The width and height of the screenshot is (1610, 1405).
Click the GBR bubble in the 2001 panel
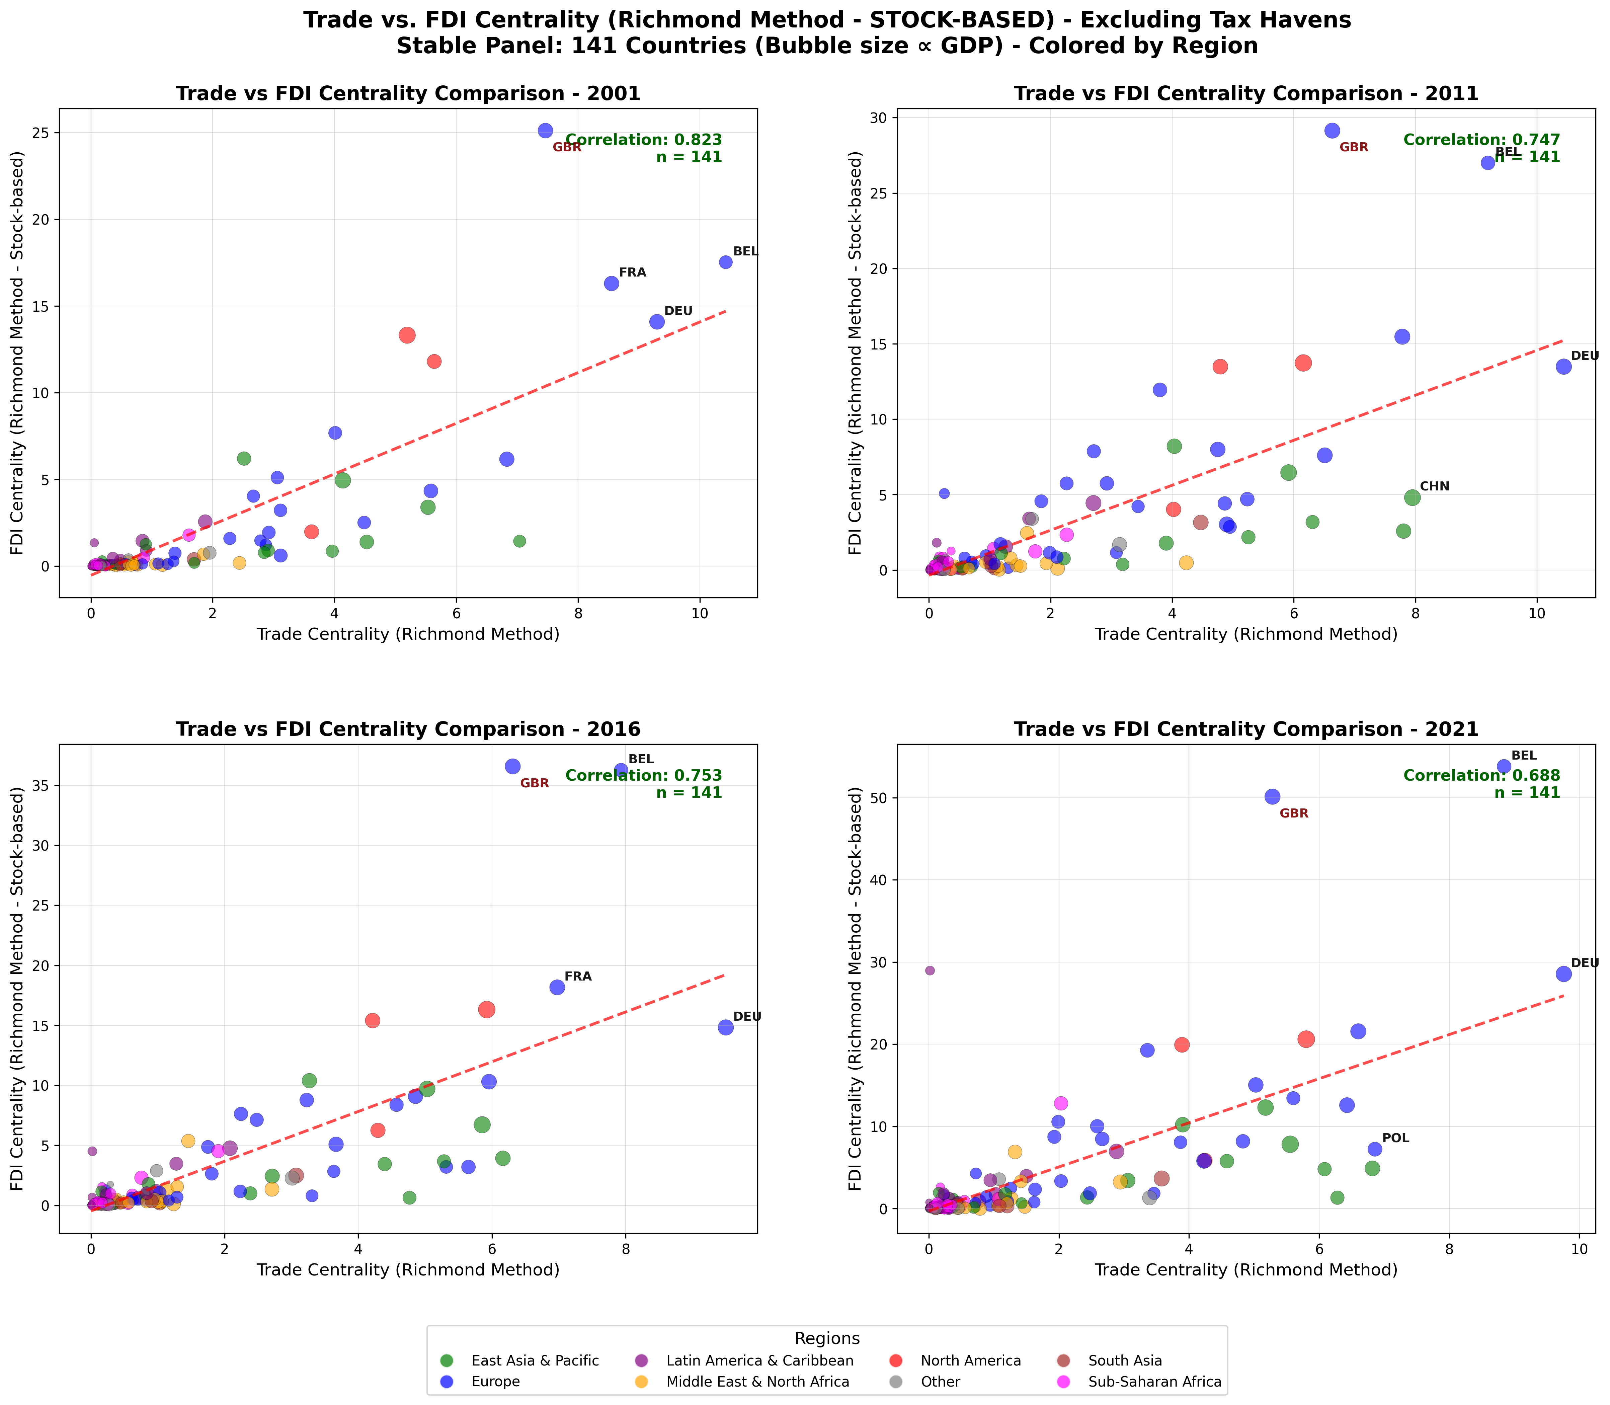pyautogui.click(x=546, y=131)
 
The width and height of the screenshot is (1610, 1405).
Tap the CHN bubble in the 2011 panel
pyautogui.click(x=1413, y=497)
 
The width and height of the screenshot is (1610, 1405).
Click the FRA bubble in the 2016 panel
pyautogui.click(x=557, y=987)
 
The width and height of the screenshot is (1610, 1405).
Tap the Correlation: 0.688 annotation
pyautogui.click(x=1481, y=775)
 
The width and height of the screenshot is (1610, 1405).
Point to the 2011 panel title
pyautogui.click(x=1245, y=94)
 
